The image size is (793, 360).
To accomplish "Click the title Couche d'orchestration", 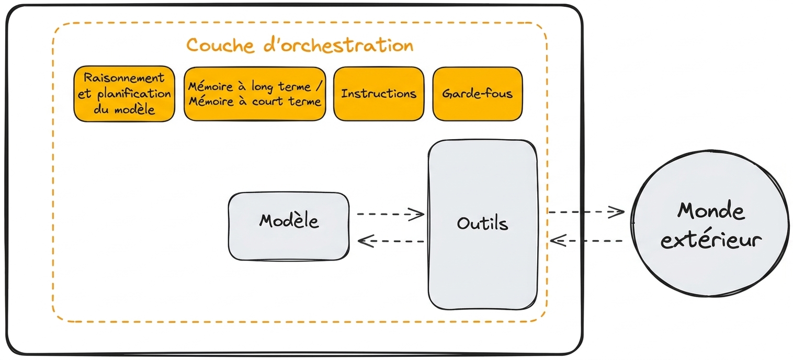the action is coord(300,46).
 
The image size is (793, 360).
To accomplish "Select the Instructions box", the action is coord(379,94).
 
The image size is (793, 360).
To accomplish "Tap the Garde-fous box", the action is coord(478,94).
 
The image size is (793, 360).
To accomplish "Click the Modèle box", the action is coord(289,227).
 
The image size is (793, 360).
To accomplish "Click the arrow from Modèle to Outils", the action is coord(390,214).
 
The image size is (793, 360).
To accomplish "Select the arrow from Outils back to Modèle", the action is coord(391,241).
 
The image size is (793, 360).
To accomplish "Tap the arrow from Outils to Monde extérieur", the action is coord(586,212).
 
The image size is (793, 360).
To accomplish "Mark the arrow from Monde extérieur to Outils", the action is coord(586,241).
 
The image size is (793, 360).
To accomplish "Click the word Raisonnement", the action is coord(124,77).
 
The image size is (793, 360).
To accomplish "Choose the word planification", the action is coord(134,94).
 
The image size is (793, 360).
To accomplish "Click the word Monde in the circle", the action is coord(711,211).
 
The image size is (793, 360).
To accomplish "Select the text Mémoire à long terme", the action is coord(250,86).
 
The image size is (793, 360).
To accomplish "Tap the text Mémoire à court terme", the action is coord(255,102).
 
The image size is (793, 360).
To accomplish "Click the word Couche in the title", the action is coord(220,46).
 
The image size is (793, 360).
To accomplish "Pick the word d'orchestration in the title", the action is coord(338,46).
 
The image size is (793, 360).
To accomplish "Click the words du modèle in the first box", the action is coord(124,109).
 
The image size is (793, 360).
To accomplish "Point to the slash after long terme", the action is coord(319,86).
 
